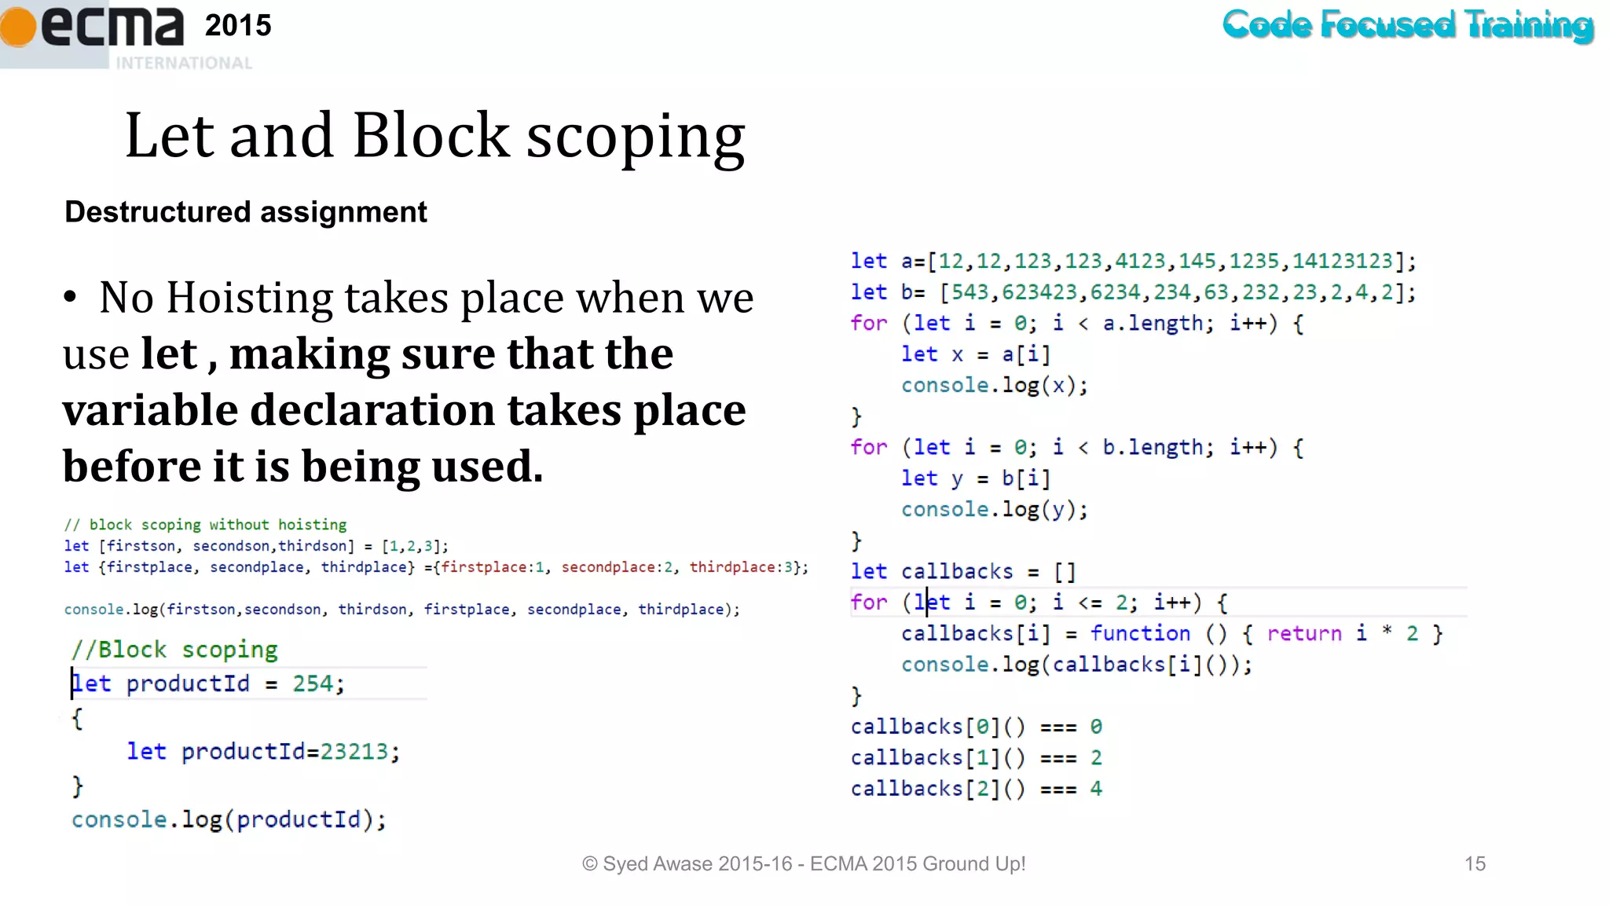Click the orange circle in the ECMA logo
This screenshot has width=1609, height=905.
click(x=17, y=26)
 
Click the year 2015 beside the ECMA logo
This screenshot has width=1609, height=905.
click(x=238, y=26)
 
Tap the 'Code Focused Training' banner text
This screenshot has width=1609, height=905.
click(x=1408, y=24)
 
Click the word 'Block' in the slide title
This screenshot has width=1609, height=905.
click(x=431, y=135)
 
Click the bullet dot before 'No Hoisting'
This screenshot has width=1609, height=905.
click(x=71, y=298)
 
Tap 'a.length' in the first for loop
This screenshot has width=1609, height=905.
click(x=1153, y=323)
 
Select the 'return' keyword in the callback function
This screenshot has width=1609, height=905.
click(x=1303, y=633)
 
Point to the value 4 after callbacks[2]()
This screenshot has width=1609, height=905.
click(x=1096, y=788)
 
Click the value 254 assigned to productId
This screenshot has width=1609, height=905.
click(x=313, y=683)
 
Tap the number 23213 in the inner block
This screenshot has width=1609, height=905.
click(x=354, y=752)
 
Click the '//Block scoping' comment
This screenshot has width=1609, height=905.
click(x=174, y=650)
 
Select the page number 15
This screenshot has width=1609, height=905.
click(x=1475, y=863)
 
